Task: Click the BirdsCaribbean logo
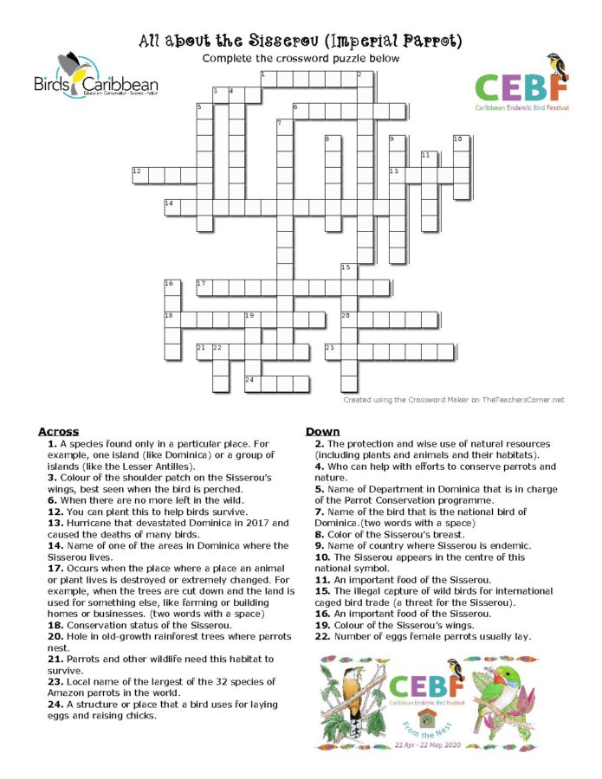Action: [95, 76]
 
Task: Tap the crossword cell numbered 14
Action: [172, 207]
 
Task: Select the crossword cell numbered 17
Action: [204, 287]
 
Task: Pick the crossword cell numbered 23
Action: [333, 351]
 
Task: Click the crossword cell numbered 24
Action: [253, 383]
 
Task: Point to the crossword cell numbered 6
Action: [301, 111]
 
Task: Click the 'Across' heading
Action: [58, 431]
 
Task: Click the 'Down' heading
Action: [324, 431]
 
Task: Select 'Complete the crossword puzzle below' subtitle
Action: [301, 58]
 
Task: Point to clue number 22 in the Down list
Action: [320, 636]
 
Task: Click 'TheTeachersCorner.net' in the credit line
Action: [519, 400]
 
